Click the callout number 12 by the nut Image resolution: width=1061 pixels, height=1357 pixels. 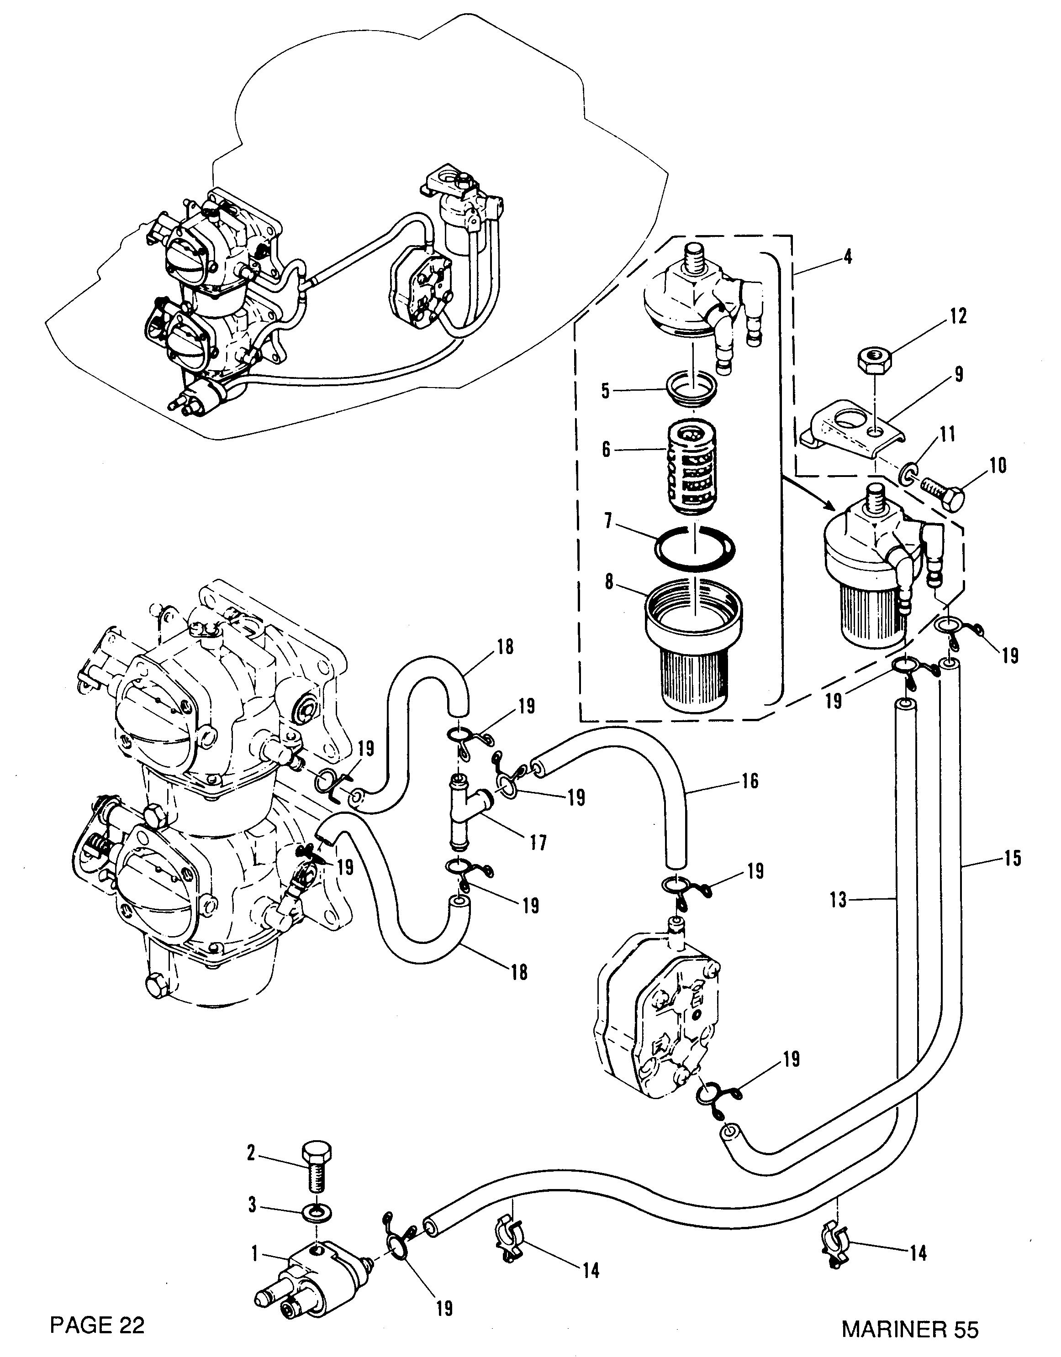pos(958,316)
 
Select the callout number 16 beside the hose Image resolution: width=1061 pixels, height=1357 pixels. pos(751,781)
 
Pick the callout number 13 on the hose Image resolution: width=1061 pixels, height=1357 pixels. pos(839,899)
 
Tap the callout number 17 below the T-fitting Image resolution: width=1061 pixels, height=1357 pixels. pos(538,843)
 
